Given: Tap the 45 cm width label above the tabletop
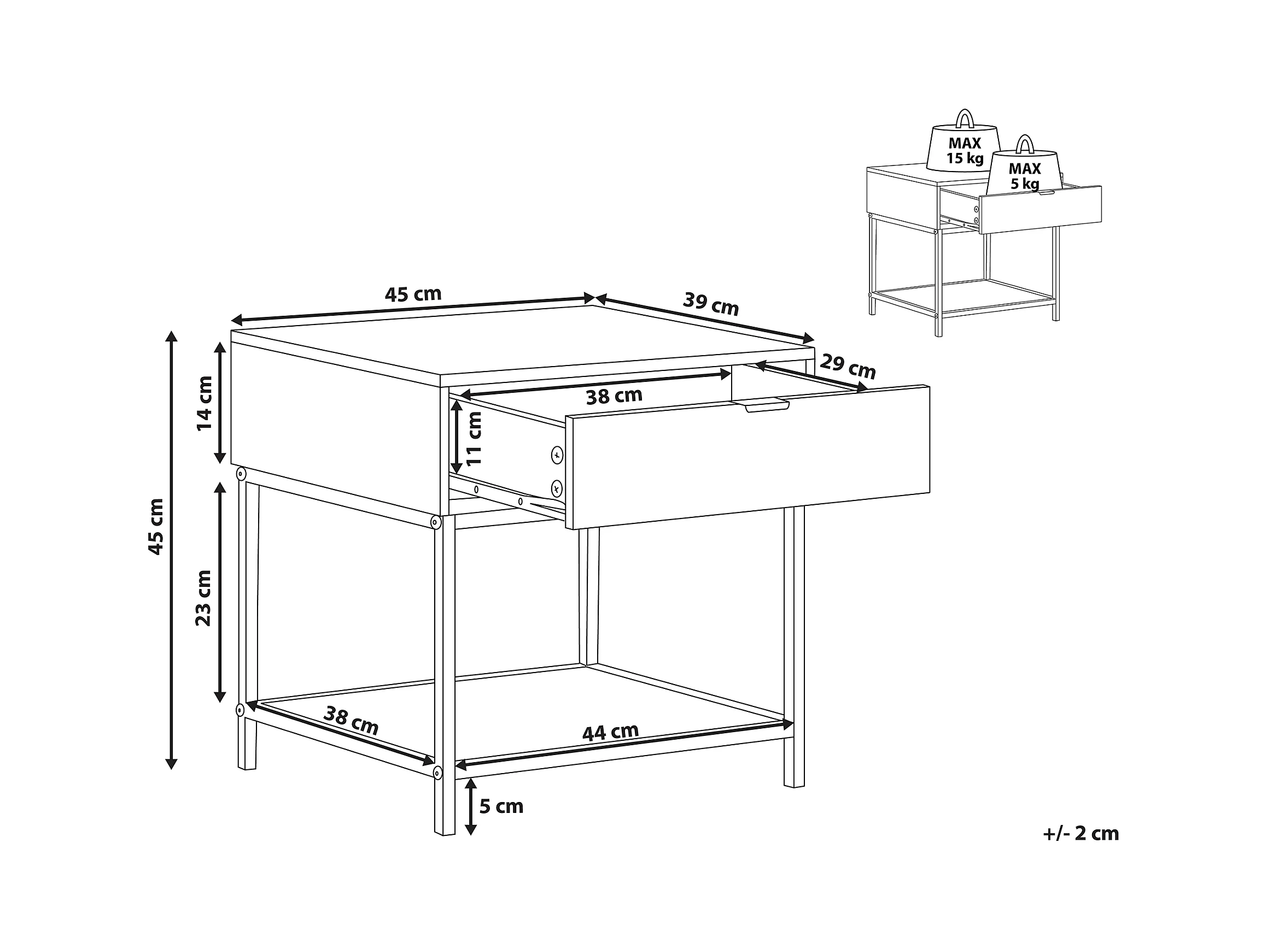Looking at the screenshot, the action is (413, 294).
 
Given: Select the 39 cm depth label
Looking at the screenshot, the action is (711, 304).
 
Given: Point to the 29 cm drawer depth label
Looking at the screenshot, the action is (848, 367).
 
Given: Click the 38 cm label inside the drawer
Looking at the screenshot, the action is (614, 396).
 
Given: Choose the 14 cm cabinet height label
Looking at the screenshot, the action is (204, 403).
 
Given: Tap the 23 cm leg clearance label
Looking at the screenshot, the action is (203, 598).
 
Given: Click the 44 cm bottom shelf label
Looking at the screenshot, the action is (610, 732).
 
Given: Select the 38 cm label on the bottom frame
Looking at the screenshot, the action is (351, 721).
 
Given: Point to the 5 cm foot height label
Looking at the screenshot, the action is (501, 806).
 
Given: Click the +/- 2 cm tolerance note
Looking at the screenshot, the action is (1081, 833).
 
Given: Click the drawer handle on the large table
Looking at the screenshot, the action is (767, 406).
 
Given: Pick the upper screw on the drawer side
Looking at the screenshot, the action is (557, 456).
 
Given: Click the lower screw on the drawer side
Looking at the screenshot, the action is (556, 489).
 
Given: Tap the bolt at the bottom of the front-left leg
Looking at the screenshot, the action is (437, 773).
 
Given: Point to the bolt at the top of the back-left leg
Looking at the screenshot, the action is (241, 474).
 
